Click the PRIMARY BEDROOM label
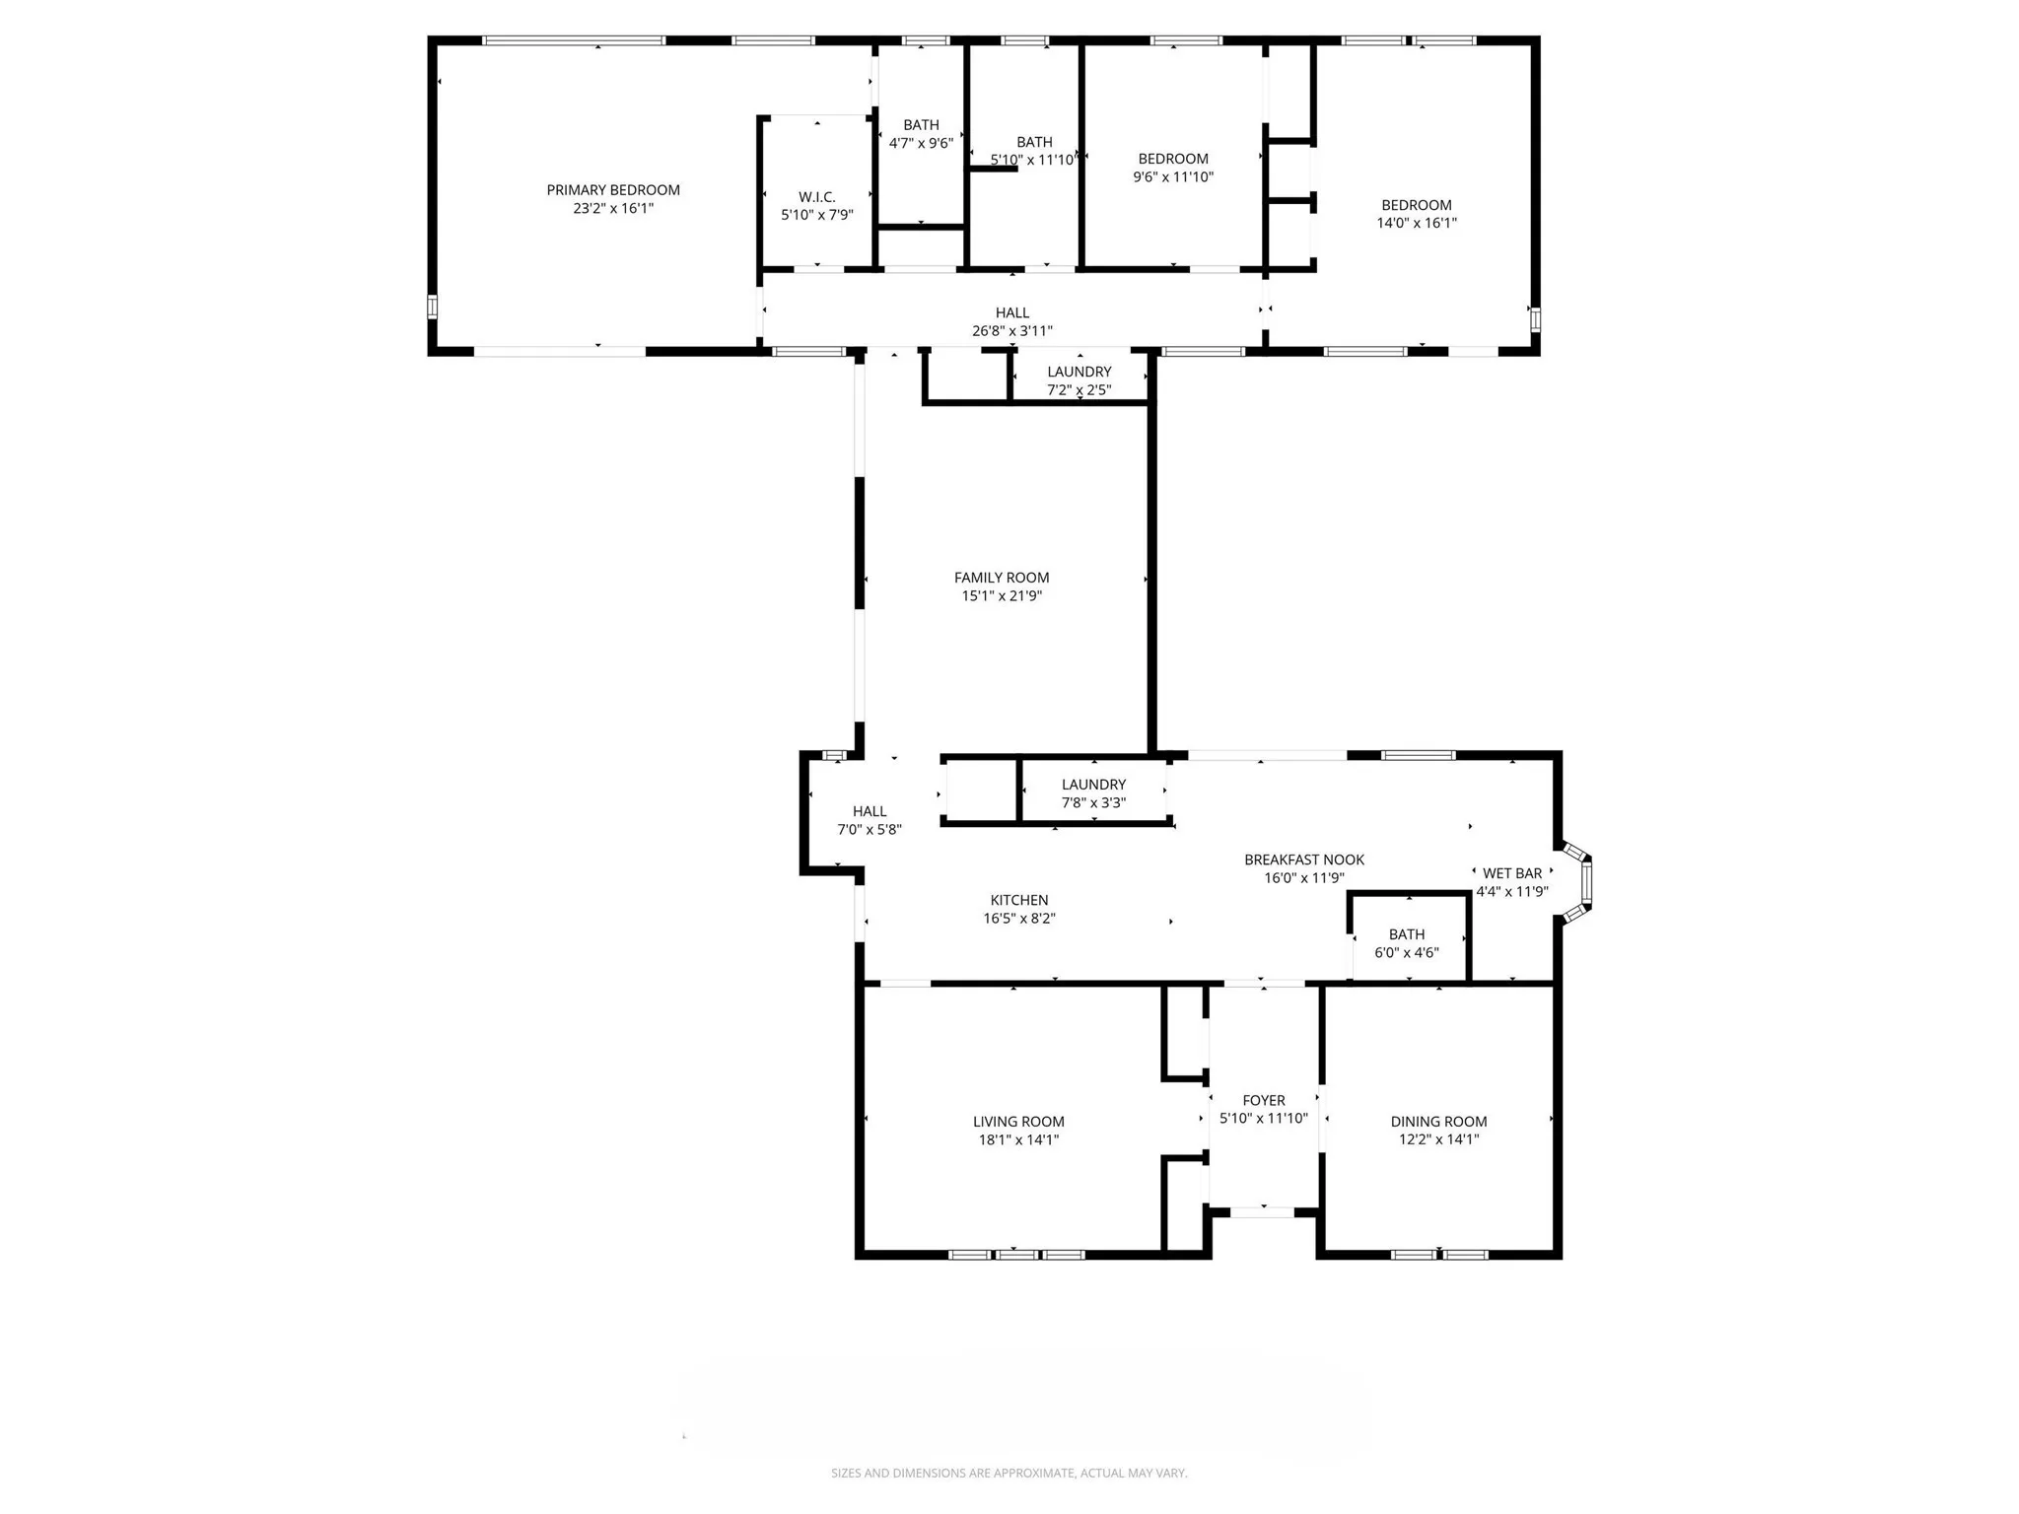pos(613,190)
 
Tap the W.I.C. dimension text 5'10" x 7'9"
pos(817,215)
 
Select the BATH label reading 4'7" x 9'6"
pos(921,125)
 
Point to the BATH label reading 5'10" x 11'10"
pos(1034,142)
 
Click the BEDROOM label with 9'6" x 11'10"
pos(1173,159)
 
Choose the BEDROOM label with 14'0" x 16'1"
pos(1417,205)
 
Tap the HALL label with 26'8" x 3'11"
pos(1012,313)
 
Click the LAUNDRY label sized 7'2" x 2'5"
pos(1079,372)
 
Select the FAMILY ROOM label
pos(1002,578)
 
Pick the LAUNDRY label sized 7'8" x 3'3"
pos(1093,785)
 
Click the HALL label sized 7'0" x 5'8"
pos(870,811)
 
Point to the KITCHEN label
pos(1019,900)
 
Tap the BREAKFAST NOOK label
pos(1304,860)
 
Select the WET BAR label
pos(1512,873)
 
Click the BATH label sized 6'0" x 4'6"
pos(1407,934)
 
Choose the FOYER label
pos(1264,1100)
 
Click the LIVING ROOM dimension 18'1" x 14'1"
pos(1018,1139)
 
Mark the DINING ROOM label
pos(1438,1122)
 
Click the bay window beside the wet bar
pos(1583,882)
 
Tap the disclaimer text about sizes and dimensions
pos(1009,1474)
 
